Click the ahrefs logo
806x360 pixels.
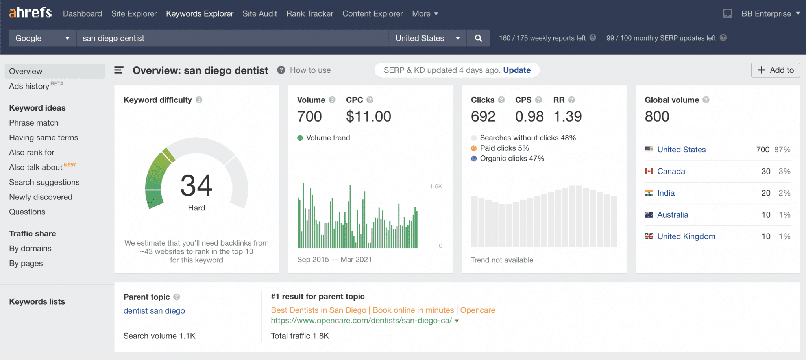[30, 13]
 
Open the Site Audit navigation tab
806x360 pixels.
[260, 14]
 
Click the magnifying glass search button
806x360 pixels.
[478, 38]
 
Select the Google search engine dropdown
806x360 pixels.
[43, 38]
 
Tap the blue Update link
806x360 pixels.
[517, 70]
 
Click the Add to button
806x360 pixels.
[775, 70]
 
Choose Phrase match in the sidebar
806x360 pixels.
[34, 123]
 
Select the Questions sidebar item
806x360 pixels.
[27, 212]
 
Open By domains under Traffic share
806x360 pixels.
[30, 248]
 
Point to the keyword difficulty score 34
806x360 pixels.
[196, 185]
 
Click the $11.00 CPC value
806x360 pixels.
[368, 116]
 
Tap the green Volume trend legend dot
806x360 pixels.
[300, 138]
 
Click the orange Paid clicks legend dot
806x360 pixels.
[474, 148]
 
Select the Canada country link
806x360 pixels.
[671, 171]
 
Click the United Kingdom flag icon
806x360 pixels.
[649, 236]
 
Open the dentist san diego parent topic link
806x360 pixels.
[154, 311]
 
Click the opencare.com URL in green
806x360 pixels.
[361, 321]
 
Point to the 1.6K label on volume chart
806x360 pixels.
[436, 186]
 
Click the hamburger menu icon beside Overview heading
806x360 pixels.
[118, 70]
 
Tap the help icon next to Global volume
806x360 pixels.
[706, 100]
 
